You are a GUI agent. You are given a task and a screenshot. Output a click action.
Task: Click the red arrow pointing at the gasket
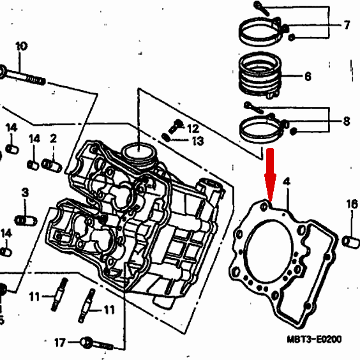coord(270,175)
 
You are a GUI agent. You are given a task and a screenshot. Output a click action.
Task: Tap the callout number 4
coord(287,182)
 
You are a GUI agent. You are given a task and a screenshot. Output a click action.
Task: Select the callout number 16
coord(352,204)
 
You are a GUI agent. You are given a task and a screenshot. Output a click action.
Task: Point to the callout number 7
coord(347,25)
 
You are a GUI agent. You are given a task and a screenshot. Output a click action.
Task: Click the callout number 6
coord(308,76)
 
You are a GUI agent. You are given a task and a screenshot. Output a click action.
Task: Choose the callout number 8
coord(347,121)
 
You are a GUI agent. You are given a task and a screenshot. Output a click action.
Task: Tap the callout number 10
coord(22,46)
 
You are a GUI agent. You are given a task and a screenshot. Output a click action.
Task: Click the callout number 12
coord(193,129)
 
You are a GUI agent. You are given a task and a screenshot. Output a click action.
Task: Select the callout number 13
coord(198,140)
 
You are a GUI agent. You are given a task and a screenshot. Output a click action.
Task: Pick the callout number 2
coord(53,139)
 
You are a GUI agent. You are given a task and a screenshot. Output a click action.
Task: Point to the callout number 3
coord(26,192)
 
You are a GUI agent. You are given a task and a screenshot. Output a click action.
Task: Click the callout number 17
coord(60,343)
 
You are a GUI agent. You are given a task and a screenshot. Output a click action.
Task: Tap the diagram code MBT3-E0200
coord(314,339)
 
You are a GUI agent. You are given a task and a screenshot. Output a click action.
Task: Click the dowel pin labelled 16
coord(350,242)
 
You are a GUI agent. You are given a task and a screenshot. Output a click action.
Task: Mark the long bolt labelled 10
coord(22,75)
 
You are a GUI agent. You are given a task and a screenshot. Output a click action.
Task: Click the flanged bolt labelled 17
coord(96,344)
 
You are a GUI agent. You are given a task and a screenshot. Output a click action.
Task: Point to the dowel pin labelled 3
coord(26,221)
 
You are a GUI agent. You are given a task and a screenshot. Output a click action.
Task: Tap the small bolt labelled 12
coord(176,126)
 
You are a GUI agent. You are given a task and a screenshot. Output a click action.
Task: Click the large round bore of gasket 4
coord(269,252)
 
